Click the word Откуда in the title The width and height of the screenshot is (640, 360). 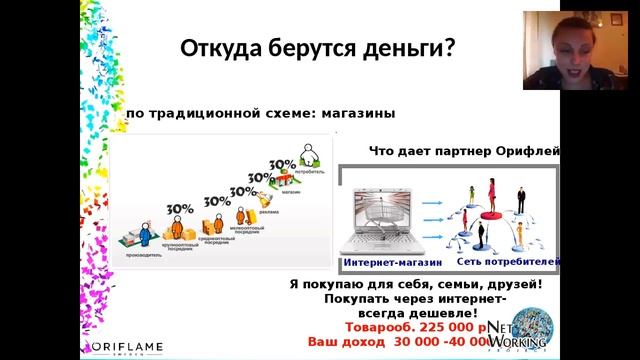(218, 48)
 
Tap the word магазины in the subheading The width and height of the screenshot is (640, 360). (356, 113)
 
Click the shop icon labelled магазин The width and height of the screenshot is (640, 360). (287, 182)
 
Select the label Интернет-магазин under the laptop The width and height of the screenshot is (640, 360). (386, 262)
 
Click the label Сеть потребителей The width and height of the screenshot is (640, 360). (507, 262)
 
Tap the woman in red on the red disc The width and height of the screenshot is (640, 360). (491, 194)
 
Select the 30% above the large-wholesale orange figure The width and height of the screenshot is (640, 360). (180, 209)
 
